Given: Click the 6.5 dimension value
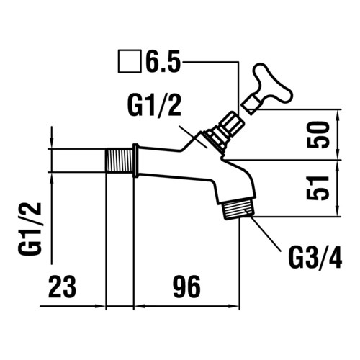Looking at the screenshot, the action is coord(163,61).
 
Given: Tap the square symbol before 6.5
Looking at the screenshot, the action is coord(130,61).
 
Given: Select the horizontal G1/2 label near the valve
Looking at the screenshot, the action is coord(154,106).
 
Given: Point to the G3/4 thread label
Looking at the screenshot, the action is coord(315,259).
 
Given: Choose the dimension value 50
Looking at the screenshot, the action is coord(318,135).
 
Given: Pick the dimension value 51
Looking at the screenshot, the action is coord(318,188).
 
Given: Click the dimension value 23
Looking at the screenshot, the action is coord(62,287).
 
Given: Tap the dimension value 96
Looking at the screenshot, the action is coord(186,287).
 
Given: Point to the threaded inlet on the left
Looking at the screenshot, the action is coord(120,160).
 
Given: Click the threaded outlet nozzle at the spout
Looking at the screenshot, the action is coord(238,208).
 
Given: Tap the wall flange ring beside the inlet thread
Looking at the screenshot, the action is coord(135,161).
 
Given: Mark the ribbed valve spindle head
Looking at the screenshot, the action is coord(233,124).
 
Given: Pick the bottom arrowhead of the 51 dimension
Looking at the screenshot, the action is coord(338,211).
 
